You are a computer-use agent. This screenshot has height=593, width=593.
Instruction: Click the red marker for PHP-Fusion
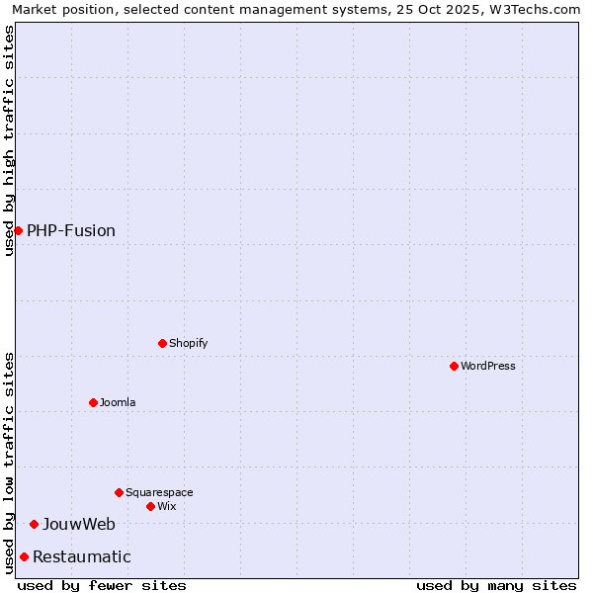point(18,230)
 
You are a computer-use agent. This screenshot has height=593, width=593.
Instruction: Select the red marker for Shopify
point(162,343)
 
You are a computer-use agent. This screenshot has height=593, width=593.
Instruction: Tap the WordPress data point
point(454,366)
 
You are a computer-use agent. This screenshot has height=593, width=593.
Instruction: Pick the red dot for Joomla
point(93,402)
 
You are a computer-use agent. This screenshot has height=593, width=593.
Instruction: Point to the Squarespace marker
point(119,492)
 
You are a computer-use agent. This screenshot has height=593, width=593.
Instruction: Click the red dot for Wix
point(150,506)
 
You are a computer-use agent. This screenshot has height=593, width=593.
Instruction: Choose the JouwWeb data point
point(34,524)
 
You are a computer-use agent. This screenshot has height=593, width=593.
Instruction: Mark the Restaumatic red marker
point(24,556)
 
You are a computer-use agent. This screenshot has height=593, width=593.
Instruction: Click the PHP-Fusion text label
point(71,231)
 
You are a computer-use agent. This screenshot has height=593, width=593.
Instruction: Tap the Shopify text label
point(188,344)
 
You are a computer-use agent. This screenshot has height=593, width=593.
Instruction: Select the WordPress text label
point(487,367)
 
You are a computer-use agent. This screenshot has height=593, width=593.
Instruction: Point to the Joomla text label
point(118,403)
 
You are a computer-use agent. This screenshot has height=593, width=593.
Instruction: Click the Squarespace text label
point(159,493)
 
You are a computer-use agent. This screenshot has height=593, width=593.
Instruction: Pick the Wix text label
point(167,507)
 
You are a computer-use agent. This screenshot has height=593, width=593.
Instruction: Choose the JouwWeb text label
point(78,525)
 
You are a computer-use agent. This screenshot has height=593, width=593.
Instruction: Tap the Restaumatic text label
point(81,557)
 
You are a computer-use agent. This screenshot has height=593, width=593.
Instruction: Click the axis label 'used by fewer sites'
point(102,585)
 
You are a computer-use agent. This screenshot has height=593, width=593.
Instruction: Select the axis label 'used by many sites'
point(496,585)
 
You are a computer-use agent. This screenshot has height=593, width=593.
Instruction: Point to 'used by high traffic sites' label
point(9,140)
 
